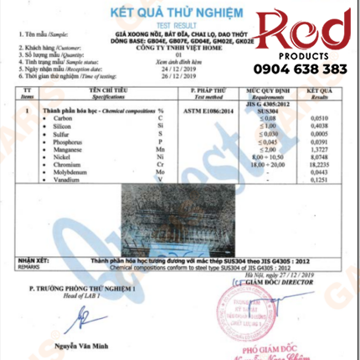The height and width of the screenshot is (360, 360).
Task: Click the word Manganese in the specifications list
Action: pyautogui.click(x=70, y=151)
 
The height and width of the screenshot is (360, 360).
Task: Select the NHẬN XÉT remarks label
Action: pyautogui.click(x=31, y=260)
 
